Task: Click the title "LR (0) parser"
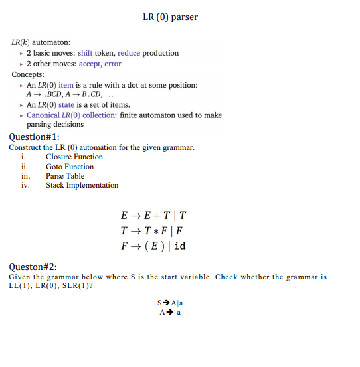click(x=170, y=17)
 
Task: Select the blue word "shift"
click(x=86, y=53)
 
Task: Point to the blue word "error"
click(x=113, y=64)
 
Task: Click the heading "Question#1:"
click(x=35, y=137)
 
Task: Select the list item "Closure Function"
click(x=74, y=157)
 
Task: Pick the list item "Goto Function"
click(x=70, y=166)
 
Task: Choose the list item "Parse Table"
click(x=65, y=176)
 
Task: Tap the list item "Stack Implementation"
click(x=82, y=185)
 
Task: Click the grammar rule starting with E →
click(x=153, y=216)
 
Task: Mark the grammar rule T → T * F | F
click(x=151, y=231)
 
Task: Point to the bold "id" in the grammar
click(x=180, y=246)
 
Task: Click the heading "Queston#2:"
click(x=33, y=267)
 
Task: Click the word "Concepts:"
click(x=29, y=74)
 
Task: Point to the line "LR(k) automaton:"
click(x=42, y=42)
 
